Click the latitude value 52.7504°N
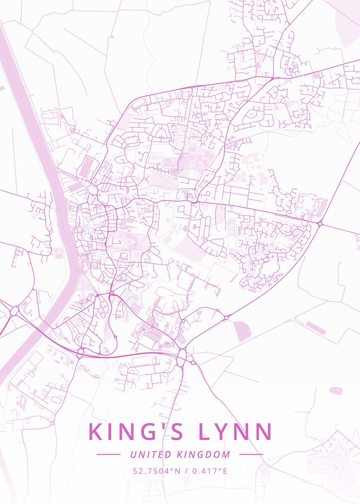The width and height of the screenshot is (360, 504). tap(156, 471)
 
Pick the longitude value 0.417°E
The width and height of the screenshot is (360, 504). tap(210, 471)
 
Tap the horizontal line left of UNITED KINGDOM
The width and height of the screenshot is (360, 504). tap(108, 454)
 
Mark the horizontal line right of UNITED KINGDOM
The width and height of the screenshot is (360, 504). tap(251, 454)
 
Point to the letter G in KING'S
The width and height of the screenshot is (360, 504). tap(145, 432)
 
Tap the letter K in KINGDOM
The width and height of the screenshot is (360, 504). tap(179, 454)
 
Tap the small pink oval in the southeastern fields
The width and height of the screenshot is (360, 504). tap(336, 391)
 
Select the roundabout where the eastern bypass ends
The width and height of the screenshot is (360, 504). tap(320, 223)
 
